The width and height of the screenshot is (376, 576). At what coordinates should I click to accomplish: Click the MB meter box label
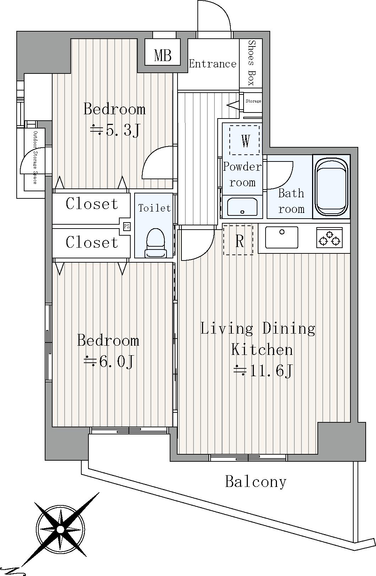point(163,55)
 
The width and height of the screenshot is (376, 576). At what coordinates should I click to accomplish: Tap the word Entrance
point(212,64)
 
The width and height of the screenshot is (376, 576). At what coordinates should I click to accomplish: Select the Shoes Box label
point(251,63)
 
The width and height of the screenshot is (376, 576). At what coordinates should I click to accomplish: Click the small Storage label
point(253,101)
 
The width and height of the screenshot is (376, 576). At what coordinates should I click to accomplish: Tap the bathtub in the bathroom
point(332,186)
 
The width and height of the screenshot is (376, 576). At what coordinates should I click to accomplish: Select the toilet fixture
point(156,243)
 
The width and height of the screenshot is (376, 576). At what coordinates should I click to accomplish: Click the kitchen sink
point(282,237)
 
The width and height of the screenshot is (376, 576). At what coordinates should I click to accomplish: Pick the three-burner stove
point(329,237)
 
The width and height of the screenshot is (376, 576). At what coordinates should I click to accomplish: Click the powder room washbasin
point(242,207)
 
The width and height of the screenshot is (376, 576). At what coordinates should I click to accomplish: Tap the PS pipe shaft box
point(126,226)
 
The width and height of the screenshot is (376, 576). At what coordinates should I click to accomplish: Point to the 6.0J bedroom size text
point(108,362)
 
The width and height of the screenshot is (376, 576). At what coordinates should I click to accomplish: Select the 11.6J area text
point(263,371)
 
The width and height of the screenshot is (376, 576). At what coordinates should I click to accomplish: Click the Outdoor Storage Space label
point(35,157)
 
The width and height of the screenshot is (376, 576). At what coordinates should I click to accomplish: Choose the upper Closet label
point(92,204)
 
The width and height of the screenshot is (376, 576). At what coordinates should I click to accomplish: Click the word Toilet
point(154,208)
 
